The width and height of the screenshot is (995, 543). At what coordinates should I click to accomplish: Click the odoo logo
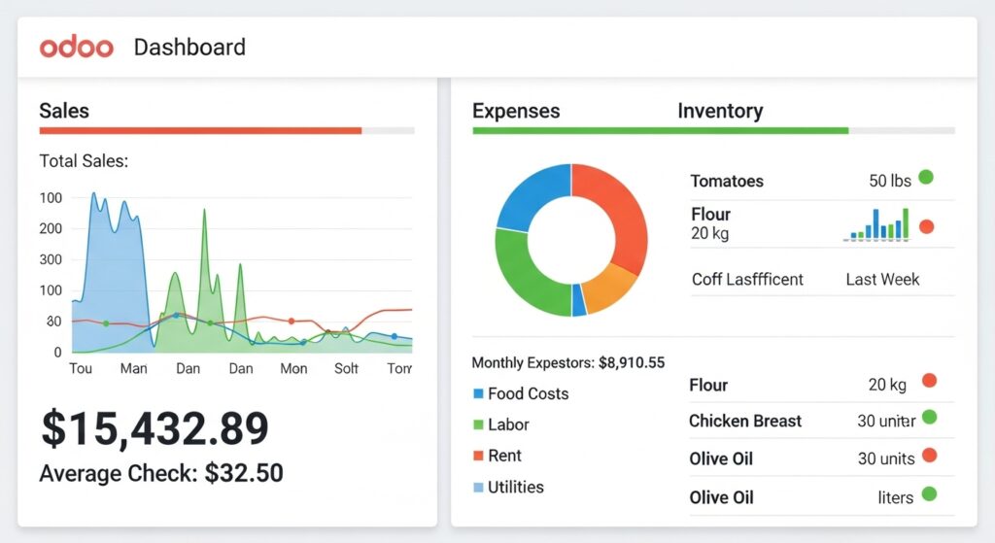point(77,47)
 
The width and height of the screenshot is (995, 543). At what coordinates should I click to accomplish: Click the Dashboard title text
point(189,47)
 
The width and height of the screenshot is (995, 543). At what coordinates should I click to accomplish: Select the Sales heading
point(64,111)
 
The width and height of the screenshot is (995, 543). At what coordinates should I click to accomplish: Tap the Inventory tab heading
point(720,111)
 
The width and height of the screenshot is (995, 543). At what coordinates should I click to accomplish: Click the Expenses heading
point(516,111)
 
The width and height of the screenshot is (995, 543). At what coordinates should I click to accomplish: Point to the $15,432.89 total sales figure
point(154,428)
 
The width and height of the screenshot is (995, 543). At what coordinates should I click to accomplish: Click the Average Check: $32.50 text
point(161,473)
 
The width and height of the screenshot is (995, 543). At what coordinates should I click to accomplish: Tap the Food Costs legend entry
point(528,393)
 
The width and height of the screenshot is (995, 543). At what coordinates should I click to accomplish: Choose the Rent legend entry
point(504,456)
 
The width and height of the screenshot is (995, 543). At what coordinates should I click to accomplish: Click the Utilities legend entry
point(515,487)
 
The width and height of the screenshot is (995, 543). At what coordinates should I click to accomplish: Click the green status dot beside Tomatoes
point(926,178)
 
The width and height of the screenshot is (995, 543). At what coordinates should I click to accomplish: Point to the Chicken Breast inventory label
point(745,421)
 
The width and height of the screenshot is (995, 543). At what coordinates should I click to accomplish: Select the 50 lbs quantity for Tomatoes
point(890,181)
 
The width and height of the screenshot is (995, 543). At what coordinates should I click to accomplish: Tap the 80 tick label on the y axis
point(53,322)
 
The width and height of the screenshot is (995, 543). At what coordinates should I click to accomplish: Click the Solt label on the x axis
point(347,369)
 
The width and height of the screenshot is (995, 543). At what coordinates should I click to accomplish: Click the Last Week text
point(882,279)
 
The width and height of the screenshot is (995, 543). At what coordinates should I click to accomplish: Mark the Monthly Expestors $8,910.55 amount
point(632,363)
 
